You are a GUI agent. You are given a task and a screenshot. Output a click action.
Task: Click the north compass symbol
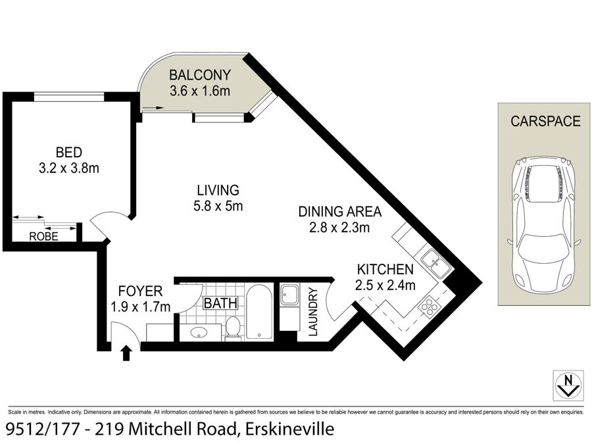coord(568,385)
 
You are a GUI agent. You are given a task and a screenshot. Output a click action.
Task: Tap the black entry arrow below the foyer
coord(126,353)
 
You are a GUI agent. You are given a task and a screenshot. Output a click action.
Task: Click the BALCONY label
coord(200,75)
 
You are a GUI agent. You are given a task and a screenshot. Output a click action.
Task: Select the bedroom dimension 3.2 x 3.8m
coord(69,168)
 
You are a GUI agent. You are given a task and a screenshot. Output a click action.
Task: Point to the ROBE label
coord(44,236)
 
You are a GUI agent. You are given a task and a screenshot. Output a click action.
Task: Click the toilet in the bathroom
coord(233,328)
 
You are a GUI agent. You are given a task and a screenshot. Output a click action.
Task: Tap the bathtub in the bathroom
coord(259,312)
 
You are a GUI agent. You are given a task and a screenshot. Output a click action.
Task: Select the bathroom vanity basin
coord(199,333)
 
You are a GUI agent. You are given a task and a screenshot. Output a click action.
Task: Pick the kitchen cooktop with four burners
coord(430,306)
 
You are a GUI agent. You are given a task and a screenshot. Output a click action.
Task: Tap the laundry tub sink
coord(289,295)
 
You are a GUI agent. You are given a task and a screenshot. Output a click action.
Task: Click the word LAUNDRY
coord(314,312)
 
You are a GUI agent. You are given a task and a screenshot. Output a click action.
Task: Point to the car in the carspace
coord(544,226)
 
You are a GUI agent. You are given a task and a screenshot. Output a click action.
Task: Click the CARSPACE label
coord(545,121)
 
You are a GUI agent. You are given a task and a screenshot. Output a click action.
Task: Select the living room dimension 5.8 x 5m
coord(218,206)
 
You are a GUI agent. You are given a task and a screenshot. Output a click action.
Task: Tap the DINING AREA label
coord(340,212)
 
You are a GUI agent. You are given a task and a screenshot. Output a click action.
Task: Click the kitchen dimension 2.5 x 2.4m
coord(385,285)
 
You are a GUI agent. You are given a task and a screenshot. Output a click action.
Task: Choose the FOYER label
coord(141,291)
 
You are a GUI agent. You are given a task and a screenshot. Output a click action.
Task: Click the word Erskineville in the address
coord(290,429)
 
